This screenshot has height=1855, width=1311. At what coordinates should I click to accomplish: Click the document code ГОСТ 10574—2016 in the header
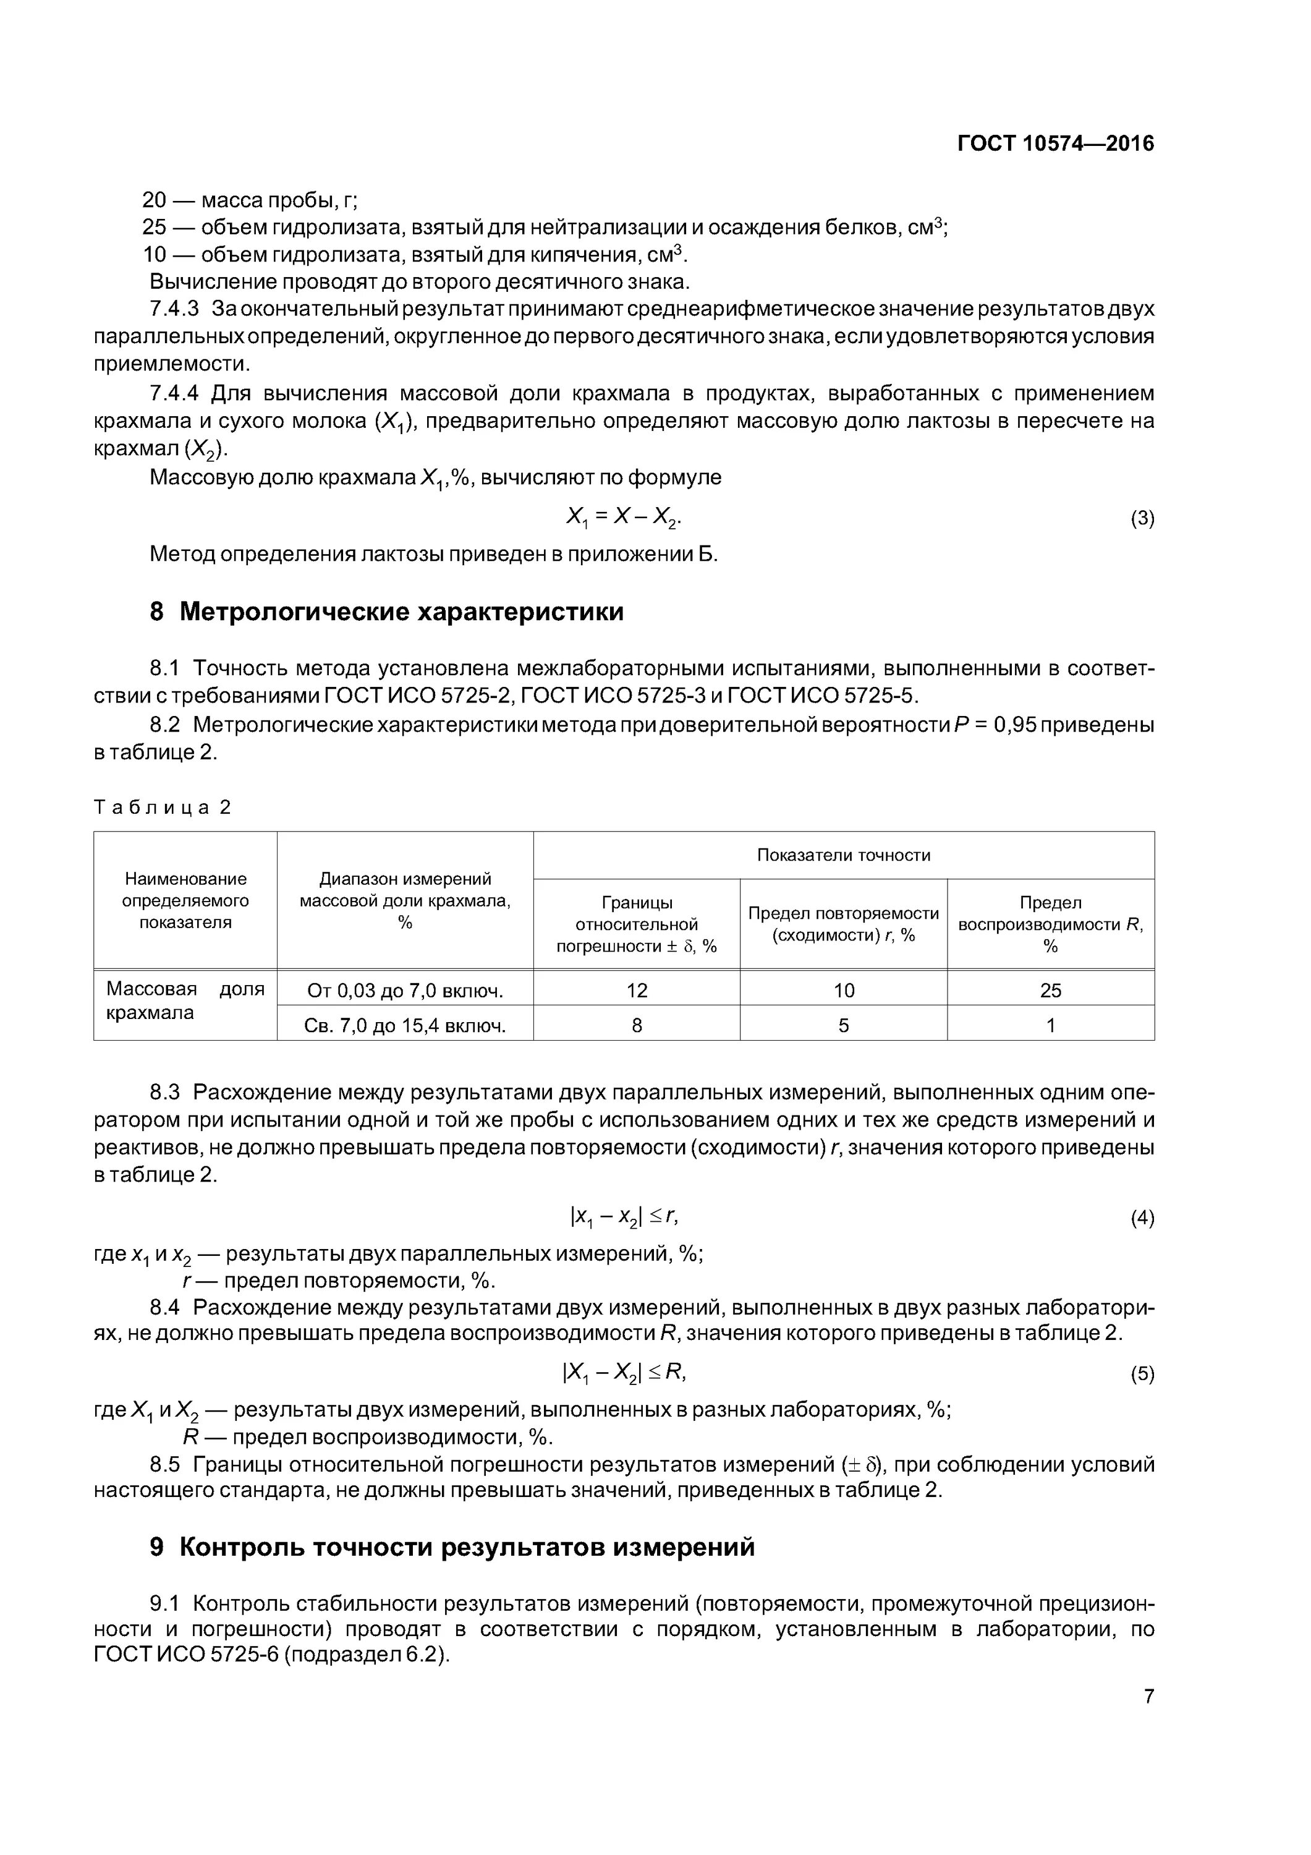point(1055,144)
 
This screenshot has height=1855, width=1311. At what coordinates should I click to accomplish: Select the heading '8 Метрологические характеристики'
point(386,612)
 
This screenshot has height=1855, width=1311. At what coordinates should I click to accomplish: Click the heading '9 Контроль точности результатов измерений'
point(452,1546)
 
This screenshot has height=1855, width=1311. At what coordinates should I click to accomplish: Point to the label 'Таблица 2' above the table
point(163,807)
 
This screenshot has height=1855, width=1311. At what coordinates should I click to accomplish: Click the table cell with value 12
point(637,991)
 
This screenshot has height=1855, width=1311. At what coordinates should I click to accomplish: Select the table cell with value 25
point(1050,991)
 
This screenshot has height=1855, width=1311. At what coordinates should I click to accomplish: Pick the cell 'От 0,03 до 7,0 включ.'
point(405,991)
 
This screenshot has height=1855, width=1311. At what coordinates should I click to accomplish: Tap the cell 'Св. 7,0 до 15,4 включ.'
point(405,1026)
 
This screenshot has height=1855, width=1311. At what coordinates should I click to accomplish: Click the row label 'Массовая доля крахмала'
point(185,1001)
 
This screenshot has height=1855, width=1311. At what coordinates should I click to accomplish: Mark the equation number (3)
point(1142,519)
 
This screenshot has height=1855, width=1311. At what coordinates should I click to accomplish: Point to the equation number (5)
point(1142,1375)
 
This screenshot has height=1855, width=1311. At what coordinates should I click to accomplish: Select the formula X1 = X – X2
point(624,517)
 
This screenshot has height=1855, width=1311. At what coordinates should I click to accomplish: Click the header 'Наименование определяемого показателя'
point(185,901)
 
